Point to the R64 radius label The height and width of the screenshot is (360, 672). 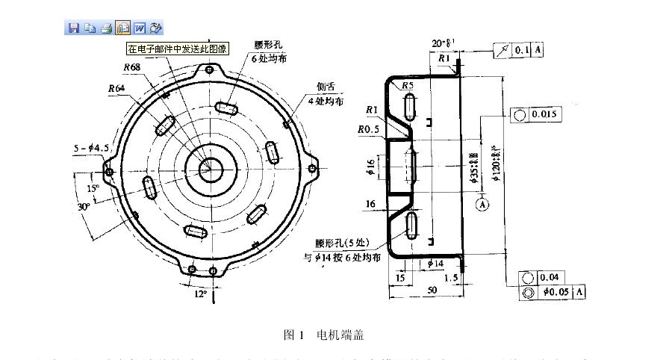tap(116, 88)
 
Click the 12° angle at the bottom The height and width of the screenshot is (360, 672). tap(201, 294)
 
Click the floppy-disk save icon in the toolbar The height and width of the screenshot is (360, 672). tap(74, 28)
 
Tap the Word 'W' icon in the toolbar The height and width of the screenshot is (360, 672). tap(140, 28)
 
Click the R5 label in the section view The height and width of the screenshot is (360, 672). tap(408, 86)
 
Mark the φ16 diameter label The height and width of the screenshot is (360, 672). tap(370, 167)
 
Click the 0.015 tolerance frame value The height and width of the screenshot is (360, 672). tap(545, 114)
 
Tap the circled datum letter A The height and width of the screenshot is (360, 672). tap(482, 203)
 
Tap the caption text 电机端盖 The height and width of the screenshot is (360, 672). tap(340, 335)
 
